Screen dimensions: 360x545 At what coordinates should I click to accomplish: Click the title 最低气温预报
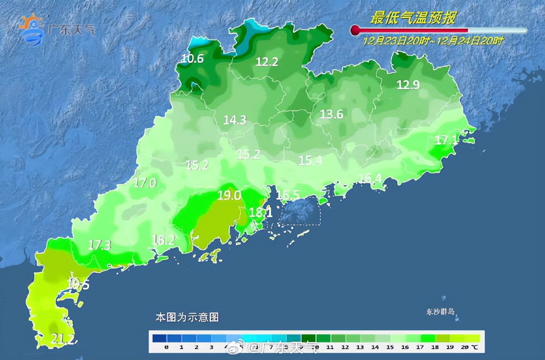point(413,18)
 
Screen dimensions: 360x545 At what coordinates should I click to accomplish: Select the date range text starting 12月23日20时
point(433,41)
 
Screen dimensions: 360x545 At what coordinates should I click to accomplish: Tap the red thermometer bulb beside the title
point(355,30)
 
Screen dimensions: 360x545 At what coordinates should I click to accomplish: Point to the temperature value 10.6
point(192,58)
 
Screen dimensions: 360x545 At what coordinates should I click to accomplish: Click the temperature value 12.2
point(267,62)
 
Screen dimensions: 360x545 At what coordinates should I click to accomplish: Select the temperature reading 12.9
point(408,84)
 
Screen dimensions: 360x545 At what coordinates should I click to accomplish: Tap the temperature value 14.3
point(235,120)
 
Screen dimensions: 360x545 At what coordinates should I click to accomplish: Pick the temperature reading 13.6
point(331,114)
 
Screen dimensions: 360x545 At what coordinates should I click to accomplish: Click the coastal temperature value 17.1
point(447,140)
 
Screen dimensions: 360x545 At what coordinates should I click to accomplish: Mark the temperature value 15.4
point(310,160)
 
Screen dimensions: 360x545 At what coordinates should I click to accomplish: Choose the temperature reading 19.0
point(229,195)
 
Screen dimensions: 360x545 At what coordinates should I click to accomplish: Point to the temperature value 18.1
point(261,213)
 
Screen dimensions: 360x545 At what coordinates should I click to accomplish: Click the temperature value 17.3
point(100,245)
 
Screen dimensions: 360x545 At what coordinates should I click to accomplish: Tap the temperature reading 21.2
point(62,338)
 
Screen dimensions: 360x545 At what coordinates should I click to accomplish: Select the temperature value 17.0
point(145,183)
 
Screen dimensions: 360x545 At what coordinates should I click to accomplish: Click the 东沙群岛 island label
point(440,312)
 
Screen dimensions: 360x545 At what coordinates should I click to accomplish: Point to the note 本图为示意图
point(187,317)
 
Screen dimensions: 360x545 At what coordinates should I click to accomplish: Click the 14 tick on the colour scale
point(375,347)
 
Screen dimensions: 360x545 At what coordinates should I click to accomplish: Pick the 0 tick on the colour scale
point(166,347)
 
